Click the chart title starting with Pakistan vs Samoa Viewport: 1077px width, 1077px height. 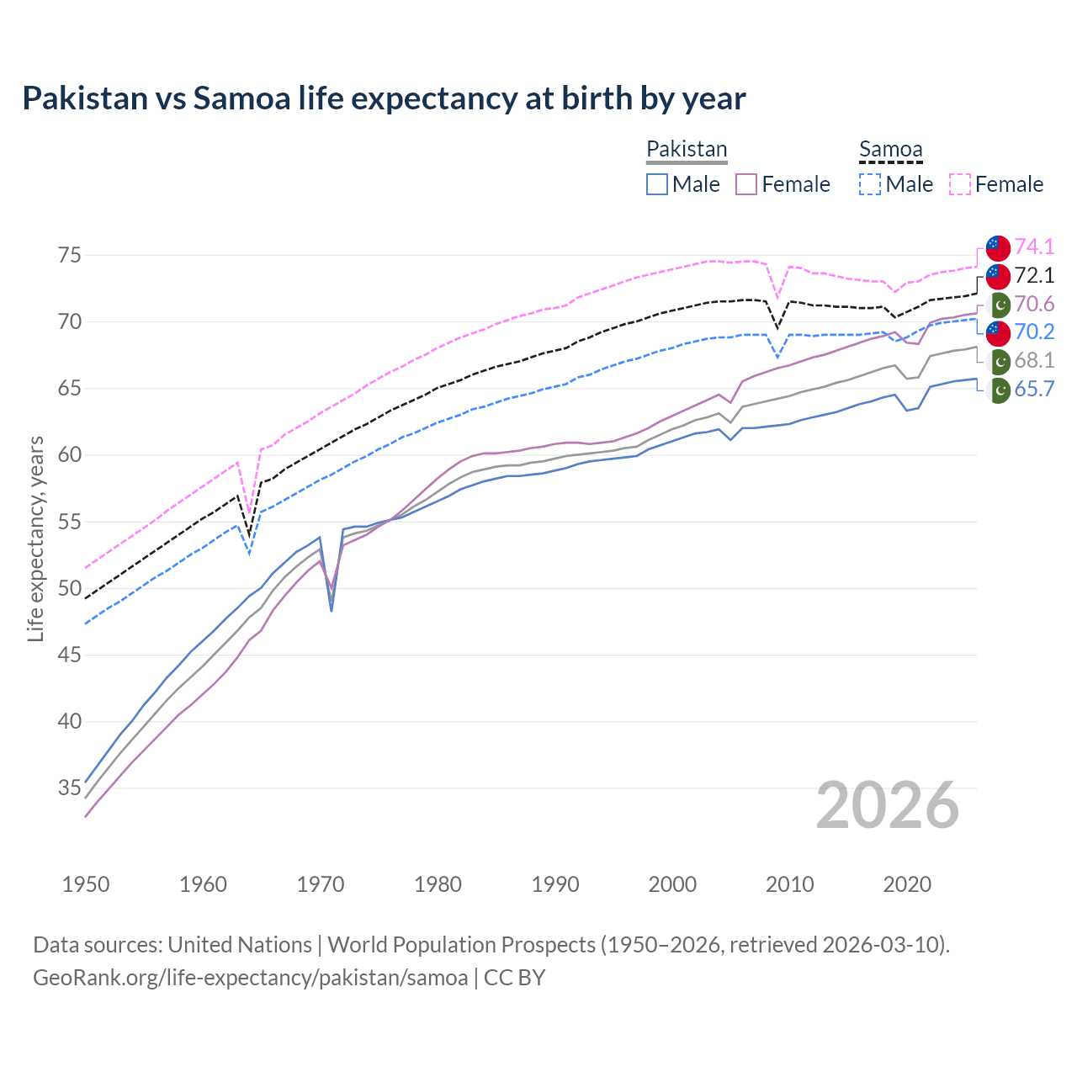pos(384,98)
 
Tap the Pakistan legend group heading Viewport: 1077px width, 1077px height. pos(687,149)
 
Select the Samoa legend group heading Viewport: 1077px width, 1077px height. pos(890,149)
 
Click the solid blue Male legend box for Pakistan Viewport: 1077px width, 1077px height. pos(657,184)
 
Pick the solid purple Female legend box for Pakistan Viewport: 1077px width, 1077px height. pos(746,184)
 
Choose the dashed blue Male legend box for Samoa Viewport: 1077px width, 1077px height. pos(870,184)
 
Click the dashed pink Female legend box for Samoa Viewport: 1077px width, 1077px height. pos(960,184)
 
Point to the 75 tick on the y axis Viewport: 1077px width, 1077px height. pos(69,255)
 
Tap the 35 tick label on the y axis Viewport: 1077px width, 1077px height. pos(69,788)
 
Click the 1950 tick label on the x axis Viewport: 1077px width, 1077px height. pos(86,884)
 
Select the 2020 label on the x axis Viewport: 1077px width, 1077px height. pos(906,884)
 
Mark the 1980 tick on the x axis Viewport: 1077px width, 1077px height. pos(438,884)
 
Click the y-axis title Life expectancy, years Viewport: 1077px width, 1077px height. pos(35,538)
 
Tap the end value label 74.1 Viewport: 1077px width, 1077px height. pos(1034,247)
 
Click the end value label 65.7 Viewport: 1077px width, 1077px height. pos(1034,389)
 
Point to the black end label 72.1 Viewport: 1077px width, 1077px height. pos(1034,275)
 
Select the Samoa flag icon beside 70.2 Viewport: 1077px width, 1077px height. pos(997,332)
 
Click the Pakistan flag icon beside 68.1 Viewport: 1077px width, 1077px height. pos(998,361)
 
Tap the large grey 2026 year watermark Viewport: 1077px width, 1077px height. pos(887,805)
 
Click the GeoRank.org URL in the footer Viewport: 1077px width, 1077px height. pos(250,978)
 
